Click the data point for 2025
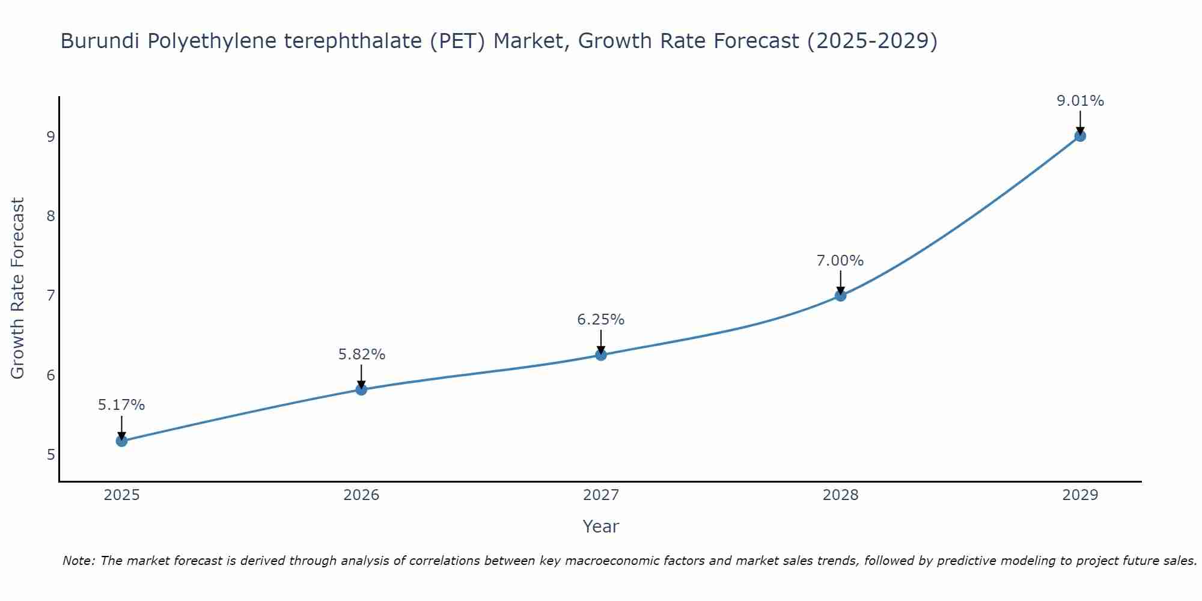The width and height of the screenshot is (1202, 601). pyautogui.click(x=121, y=441)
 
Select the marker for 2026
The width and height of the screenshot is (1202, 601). pyautogui.click(x=361, y=389)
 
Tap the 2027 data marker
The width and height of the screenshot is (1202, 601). pyautogui.click(x=601, y=355)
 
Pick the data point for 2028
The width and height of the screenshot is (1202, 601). pyautogui.click(x=840, y=296)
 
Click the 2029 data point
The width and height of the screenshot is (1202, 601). pyautogui.click(x=1080, y=136)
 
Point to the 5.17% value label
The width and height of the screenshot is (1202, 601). pyautogui.click(x=121, y=405)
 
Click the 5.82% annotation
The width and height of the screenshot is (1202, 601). pyautogui.click(x=361, y=355)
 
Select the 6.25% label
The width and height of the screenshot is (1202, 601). pyautogui.click(x=601, y=320)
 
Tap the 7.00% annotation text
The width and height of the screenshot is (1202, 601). pyautogui.click(x=840, y=261)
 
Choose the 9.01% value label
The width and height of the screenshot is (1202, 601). pyautogui.click(x=1080, y=101)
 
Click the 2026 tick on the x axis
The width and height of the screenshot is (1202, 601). pyautogui.click(x=361, y=495)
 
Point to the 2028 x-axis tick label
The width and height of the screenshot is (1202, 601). pyautogui.click(x=840, y=495)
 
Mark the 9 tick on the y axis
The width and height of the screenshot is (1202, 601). pyautogui.click(x=50, y=137)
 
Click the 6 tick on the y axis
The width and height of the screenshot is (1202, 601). pyautogui.click(x=50, y=376)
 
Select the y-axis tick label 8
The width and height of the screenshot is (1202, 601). pyautogui.click(x=50, y=216)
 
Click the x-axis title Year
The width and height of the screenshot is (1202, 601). pyautogui.click(x=600, y=526)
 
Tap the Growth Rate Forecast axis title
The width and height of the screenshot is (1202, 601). pyautogui.click(x=18, y=288)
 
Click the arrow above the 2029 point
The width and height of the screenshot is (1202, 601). pyautogui.click(x=1080, y=122)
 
